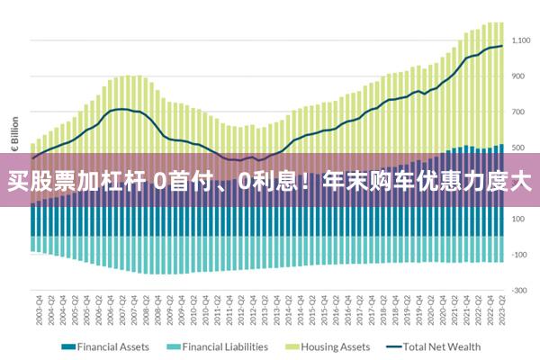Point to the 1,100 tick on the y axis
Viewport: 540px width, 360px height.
521,40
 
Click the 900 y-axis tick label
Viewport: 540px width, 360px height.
518,76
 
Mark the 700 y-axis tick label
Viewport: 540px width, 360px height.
518,112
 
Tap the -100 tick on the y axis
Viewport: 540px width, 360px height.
518,255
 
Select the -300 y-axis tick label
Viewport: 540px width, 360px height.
518,290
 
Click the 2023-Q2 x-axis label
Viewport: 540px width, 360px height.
501,311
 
